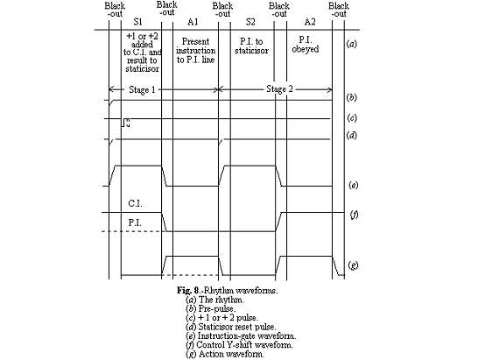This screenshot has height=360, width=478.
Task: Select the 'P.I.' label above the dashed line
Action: [x=134, y=222]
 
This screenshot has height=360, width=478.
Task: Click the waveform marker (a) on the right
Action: [x=351, y=43]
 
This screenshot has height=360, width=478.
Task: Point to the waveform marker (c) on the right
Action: [x=351, y=117]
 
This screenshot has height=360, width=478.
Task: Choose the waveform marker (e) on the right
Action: [x=351, y=185]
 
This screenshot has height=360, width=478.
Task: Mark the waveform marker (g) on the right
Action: [x=351, y=264]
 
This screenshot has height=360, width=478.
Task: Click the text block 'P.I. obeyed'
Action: [x=306, y=46]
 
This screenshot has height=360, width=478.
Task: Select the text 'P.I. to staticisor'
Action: [x=250, y=46]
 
